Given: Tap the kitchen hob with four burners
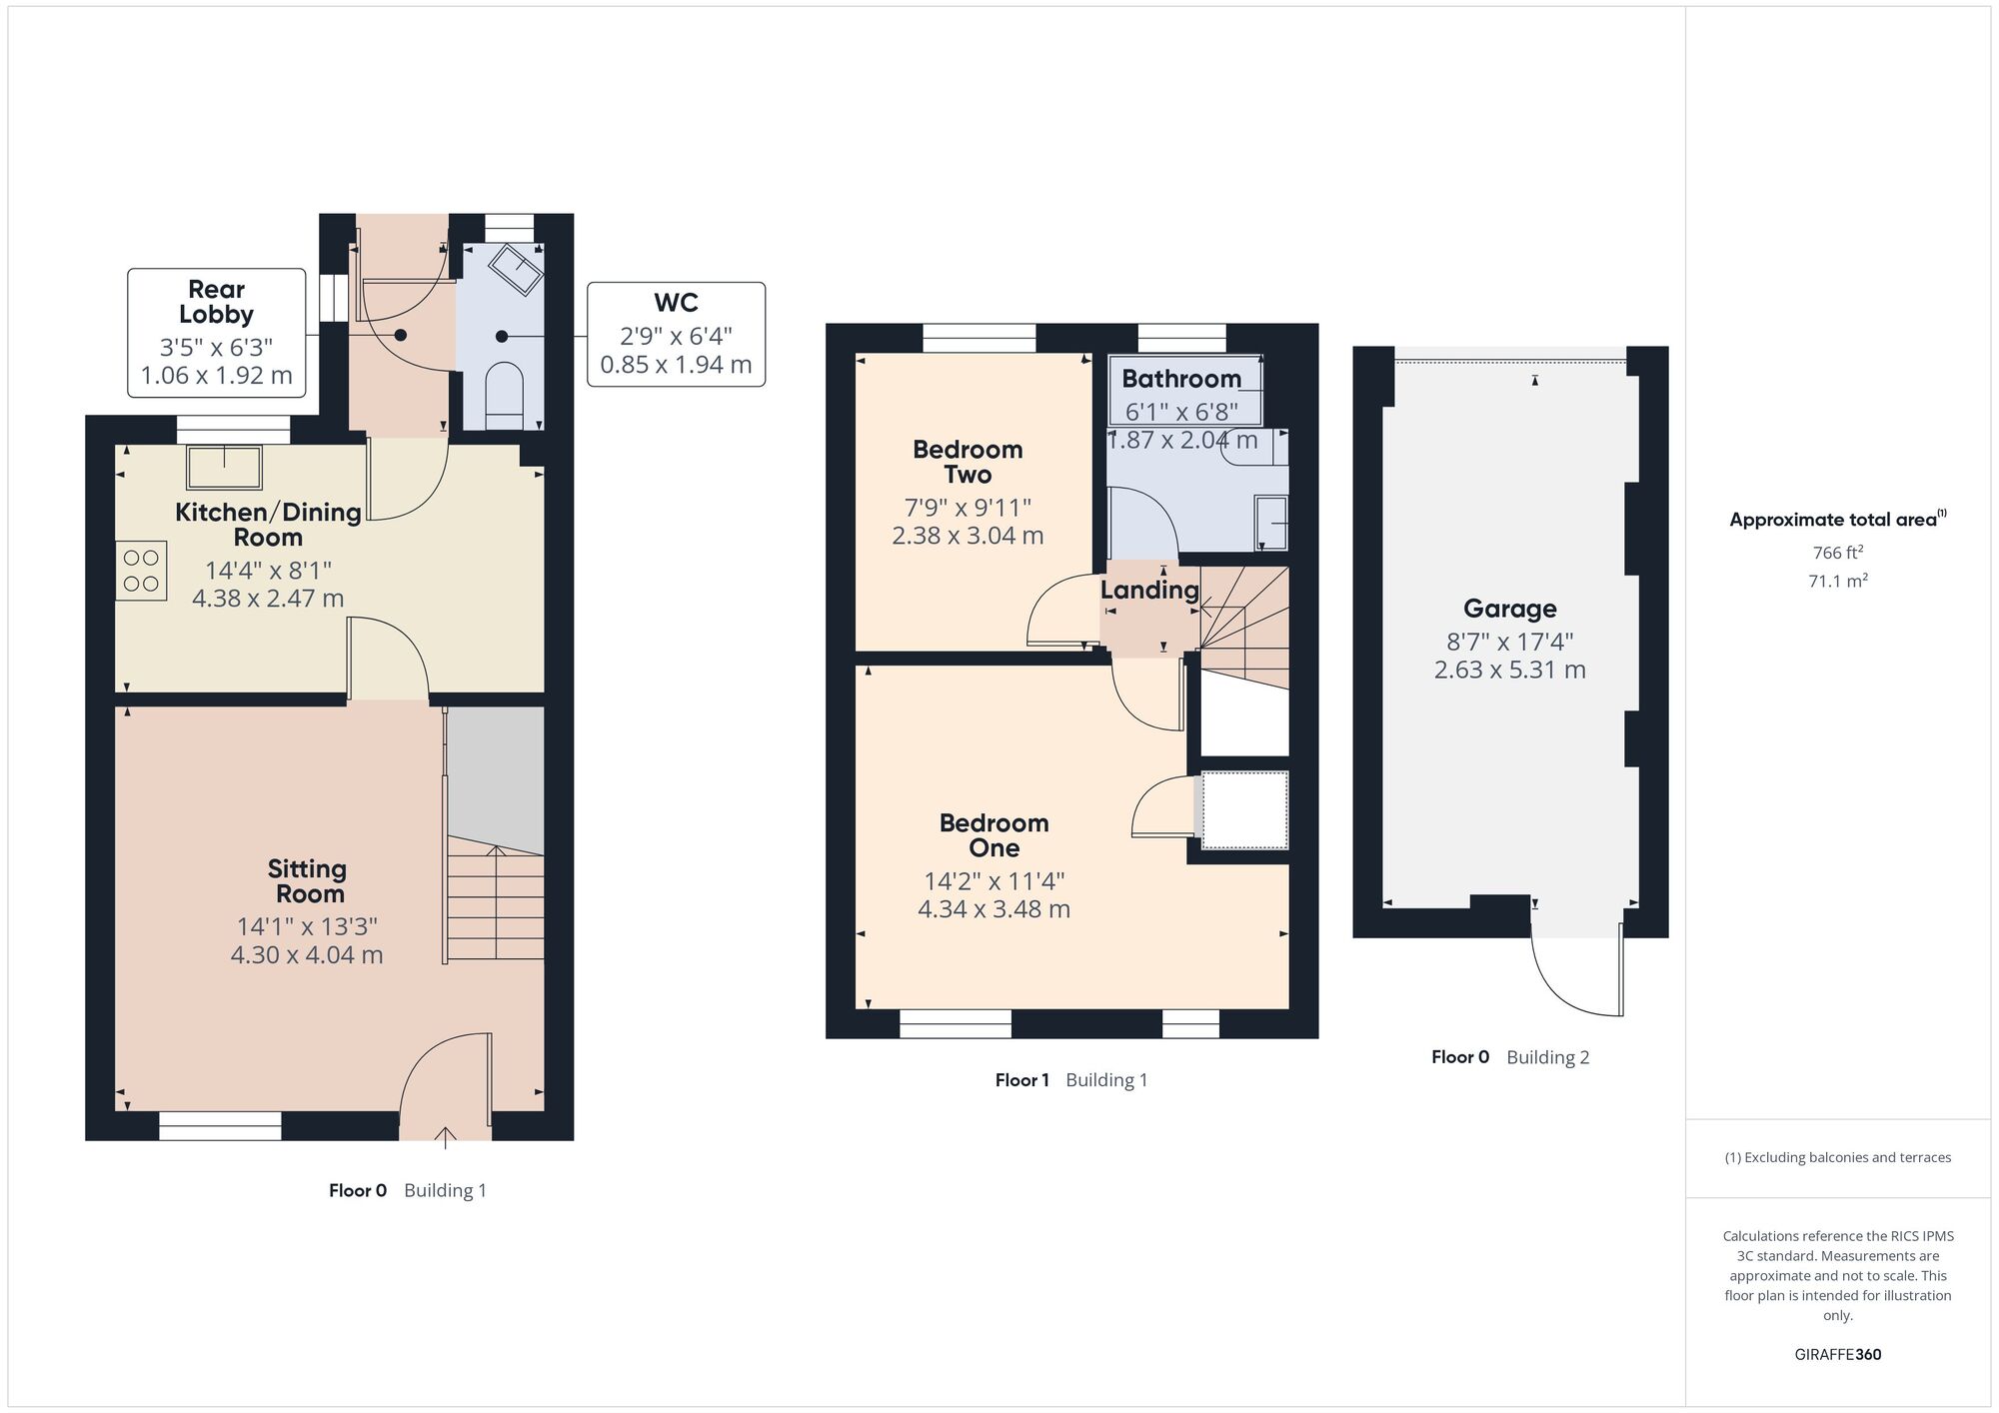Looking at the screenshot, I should (141, 571).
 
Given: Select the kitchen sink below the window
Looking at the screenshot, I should (224, 467).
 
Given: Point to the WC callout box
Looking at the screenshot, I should (676, 334).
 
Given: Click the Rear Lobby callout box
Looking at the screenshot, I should (216, 332).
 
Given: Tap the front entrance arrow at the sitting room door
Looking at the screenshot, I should (445, 1136).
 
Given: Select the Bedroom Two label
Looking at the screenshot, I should (967, 462).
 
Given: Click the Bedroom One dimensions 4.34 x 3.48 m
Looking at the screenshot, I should (994, 909).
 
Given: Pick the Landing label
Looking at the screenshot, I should (1149, 590).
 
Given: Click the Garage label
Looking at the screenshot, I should (1509, 609).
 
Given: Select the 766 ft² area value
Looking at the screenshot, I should (1837, 553).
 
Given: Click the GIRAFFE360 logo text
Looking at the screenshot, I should (1837, 1355).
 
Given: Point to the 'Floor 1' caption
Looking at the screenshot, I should (1021, 1080).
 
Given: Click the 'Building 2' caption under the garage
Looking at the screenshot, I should (1547, 1057).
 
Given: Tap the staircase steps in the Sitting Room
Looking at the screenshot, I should (496, 904).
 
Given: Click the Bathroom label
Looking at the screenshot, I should (1180, 379).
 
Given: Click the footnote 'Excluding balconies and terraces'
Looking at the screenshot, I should (1837, 1158).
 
